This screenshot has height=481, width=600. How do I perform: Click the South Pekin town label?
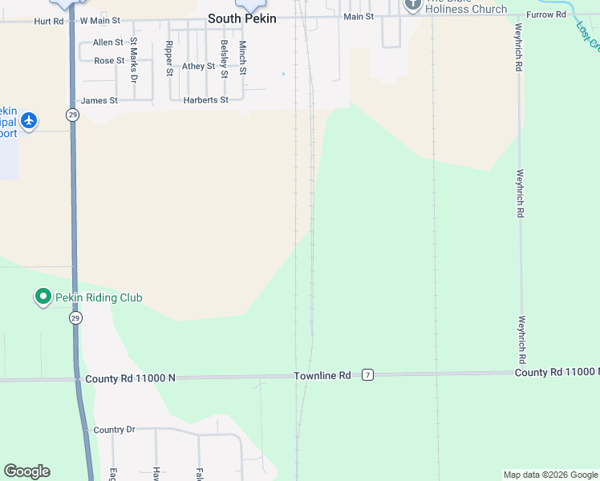coord(241,18)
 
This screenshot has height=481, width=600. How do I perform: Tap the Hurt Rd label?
coord(48,21)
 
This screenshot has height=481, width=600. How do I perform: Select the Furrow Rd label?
coord(546,15)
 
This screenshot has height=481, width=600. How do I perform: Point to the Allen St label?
coord(108,42)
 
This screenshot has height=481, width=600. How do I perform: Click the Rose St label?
coord(109,61)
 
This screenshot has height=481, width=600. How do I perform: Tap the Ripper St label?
coord(169,59)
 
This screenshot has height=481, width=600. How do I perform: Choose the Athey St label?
coord(198,67)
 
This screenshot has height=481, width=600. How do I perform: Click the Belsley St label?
coord(224,59)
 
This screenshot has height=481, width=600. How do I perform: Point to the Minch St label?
coord(242,59)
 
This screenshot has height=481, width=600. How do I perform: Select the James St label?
coord(99,101)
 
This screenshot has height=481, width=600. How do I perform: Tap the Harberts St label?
coord(206,100)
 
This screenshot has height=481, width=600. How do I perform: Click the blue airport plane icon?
coord(29,120)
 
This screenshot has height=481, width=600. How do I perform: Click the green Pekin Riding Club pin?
coord(43,297)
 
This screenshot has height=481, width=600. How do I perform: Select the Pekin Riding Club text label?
coord(99,297)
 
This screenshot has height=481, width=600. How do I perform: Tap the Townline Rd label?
coord(322,375)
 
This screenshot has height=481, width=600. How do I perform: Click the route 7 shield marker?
coord(367,375)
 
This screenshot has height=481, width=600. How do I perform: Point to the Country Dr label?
coord(114,430)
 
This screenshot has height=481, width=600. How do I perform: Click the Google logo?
coord(26,471)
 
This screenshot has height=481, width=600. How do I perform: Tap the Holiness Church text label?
coord(466,10)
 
